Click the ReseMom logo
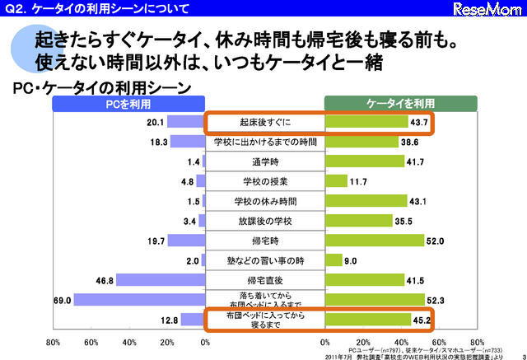point(489,9)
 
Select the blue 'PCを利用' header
point(127,104)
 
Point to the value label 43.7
point(421,123)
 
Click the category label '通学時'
point(264,161)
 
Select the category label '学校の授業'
point(264,181)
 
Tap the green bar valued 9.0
point(333,260)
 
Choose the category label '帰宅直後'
point(264,280)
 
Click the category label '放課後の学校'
point(264,221)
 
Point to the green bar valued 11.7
point(336,181)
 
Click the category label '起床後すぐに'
point(264,123)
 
